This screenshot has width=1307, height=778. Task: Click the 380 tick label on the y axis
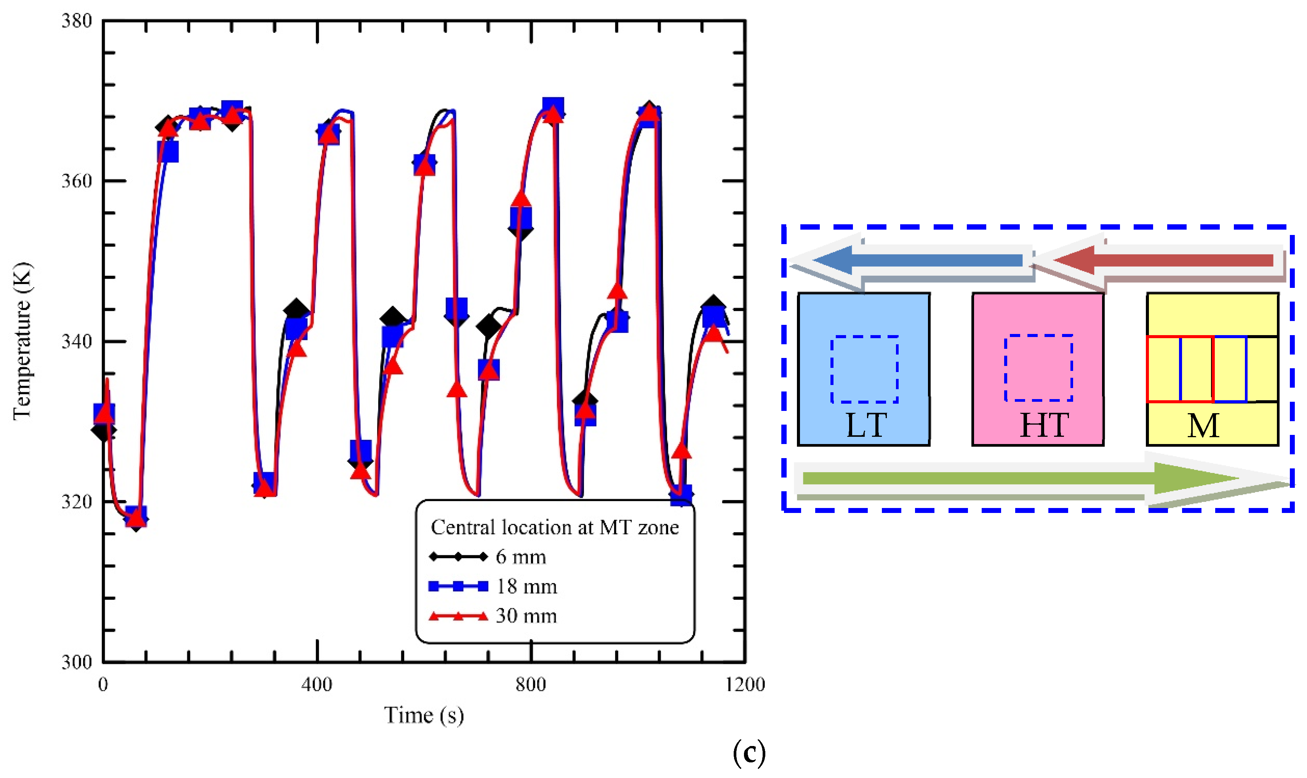77,21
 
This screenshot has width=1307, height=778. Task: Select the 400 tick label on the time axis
317,684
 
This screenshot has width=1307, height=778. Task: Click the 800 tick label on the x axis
531,684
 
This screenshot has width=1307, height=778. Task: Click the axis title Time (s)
424,715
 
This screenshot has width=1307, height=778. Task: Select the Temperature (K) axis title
22,341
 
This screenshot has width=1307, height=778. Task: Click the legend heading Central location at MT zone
555,527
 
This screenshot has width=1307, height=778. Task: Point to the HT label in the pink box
1044,425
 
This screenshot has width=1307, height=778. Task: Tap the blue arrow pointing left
912,260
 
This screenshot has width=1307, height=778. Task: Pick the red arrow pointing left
1159,260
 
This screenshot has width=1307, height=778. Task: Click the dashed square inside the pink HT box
1038,368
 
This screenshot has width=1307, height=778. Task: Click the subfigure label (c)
749,753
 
